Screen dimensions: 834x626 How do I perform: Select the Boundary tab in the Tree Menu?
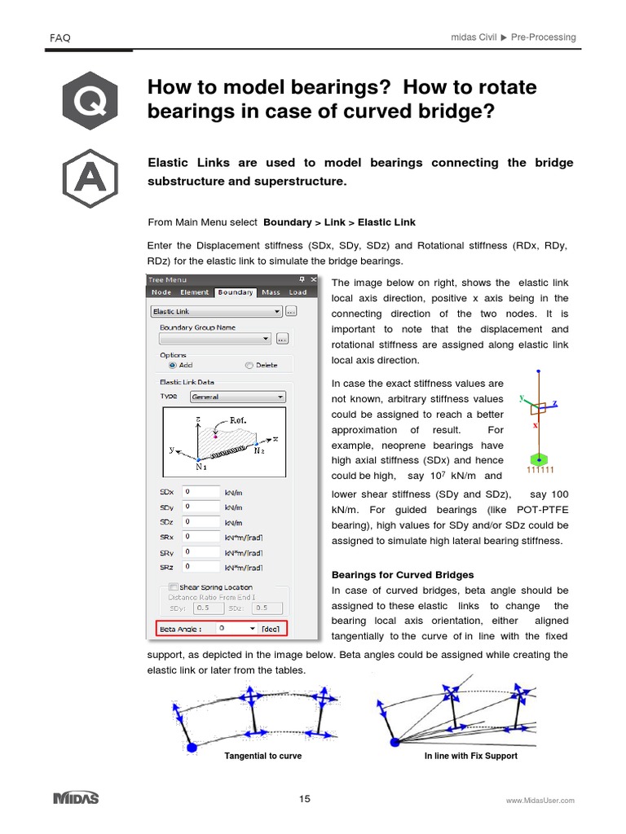pyautogui.click(x=235, y=292)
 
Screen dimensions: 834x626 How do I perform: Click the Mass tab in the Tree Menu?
pyautogui.click(x=271, y=292)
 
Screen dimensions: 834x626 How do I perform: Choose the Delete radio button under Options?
pyautogui.click(x=250, y=366)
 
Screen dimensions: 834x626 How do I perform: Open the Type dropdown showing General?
pyautogui.click(x=237, y=397)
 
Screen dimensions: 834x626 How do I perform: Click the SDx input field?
pyautogui.click(x=201, y=492)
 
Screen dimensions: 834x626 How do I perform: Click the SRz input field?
pyautogui.click(x=201, y=566)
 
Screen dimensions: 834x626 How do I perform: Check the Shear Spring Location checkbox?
pyautogui.click(x=173, y=587)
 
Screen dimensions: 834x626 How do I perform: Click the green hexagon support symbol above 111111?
pyautogui.click(x=536, y=459)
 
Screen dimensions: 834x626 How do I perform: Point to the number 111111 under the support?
pyautogui.click(x=540, y=470)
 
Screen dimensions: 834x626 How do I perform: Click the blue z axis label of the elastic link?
pyautogui.click(x=554, y=402)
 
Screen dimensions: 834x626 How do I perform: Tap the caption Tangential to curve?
pyautogui.click(x=262, y=756)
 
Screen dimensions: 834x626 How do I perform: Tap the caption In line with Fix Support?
pyautogui.click(x=470, y=756)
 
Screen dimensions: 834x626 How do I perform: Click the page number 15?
pyautogui.click(x=304, y=799)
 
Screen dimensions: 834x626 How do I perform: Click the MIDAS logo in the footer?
pyautogui.click(x=76, y=798)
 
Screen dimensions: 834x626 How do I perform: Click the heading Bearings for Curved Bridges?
pyautogui.click(x=403, y=575)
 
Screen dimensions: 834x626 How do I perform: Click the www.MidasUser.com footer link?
pyautogui.click(x=540, y=801)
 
